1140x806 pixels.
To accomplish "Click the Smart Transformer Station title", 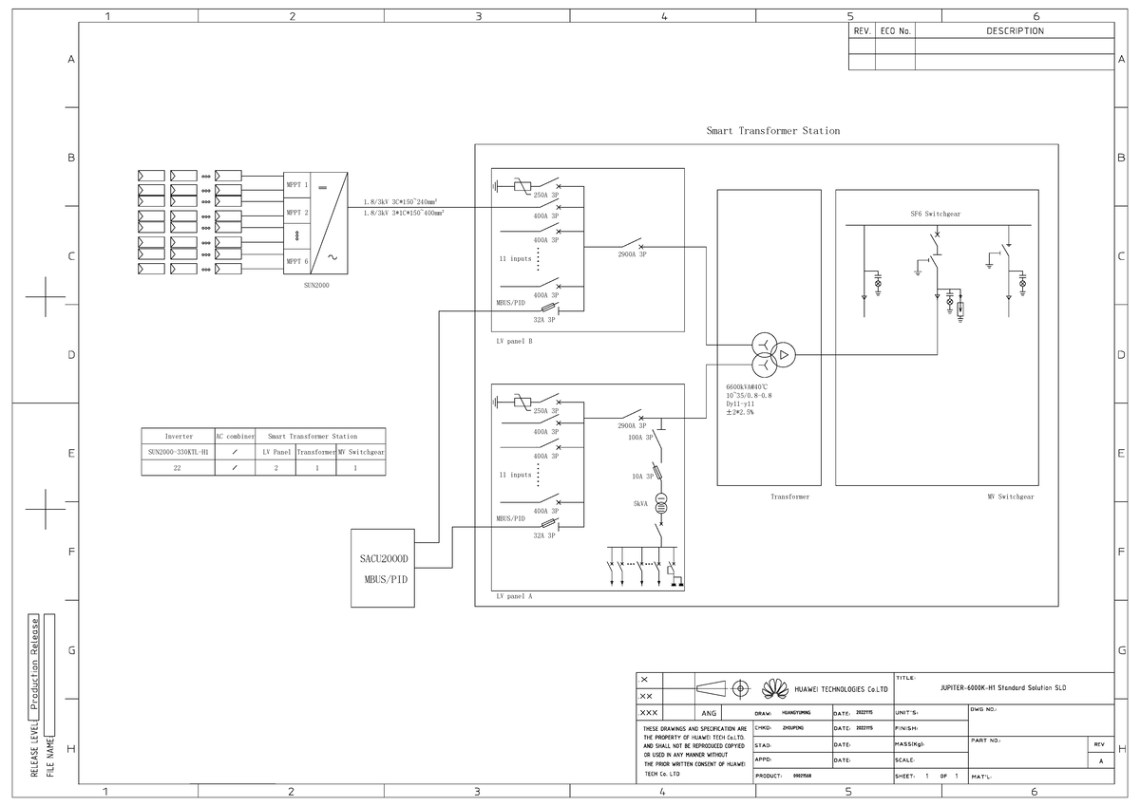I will pos(772,131).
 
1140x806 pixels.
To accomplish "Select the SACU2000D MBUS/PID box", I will pos(383,568).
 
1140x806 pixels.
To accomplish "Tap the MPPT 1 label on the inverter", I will pos(297,184).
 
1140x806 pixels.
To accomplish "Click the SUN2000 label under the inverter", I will pos(316,284).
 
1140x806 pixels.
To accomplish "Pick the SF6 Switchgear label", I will pos(935,215).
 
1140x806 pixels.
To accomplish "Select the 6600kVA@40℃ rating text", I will pos(746,387).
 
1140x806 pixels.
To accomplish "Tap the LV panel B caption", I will pos(513,342).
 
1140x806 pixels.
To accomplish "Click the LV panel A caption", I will pos(514,597).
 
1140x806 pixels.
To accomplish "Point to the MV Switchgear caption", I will pos(1011,497).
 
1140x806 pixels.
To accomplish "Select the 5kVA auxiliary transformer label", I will pos(640,505).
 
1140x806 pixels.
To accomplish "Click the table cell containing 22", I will pos(177,468).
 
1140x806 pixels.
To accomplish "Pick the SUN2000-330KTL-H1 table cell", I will pos(178,452).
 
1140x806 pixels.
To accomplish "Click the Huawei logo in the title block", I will pos(775,687).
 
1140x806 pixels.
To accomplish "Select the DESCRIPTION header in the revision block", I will pos(1014,31).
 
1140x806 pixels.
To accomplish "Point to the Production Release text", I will pos(35,665).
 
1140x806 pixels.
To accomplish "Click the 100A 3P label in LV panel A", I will pos(640,439).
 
